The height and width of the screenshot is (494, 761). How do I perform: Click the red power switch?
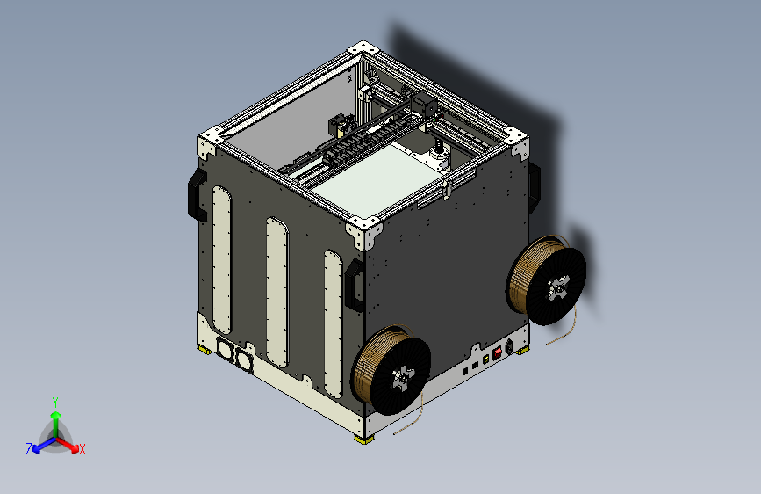(497, 353)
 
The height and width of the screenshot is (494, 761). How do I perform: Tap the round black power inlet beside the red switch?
(509, 346)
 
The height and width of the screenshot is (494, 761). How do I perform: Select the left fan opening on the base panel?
(224, 349)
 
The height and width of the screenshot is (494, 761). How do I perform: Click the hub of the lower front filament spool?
(402, 377)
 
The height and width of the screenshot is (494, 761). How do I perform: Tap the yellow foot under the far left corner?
(205, 349)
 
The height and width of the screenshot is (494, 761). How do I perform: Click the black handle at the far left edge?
(197, 195)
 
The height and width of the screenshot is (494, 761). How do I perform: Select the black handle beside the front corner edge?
(354, 286)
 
